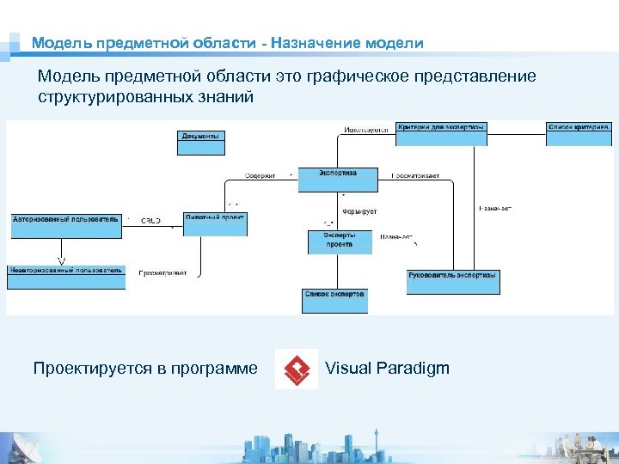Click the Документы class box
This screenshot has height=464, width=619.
pyautogui.click(x=201, y=142)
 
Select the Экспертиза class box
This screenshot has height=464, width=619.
pyautogui.click(x=338, y=179)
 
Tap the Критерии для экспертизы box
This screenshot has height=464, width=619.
pyautogui.click(x=443, y=133)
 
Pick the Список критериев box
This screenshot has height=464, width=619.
pyautogui.click(x=579, y=133)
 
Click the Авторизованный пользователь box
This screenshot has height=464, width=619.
pyautogui.click(x=66, y=225)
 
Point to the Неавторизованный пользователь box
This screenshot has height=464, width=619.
pyautogui.click(x=66, y=277)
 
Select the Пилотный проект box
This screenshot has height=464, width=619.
pyautogui.click(x=215, y=223)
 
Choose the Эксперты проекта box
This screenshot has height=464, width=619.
pyautogui.click(x=340, y=241)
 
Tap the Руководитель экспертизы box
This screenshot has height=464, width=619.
pyautogui.click(x=453, y=281)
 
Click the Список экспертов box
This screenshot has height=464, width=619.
pyautogui.click(x=334, y=300)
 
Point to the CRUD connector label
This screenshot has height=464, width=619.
pyautogui.click(x=150, y=220)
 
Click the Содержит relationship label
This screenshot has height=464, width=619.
pyautogui.click(x=260, y=175)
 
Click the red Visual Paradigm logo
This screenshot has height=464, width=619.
pyautogui.click(x=297, y=369)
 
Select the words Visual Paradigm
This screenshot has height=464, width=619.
pyautogui.click(x=387, y=369)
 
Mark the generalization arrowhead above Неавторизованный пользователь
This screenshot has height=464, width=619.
pyautogui.click(x=61, y=260)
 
